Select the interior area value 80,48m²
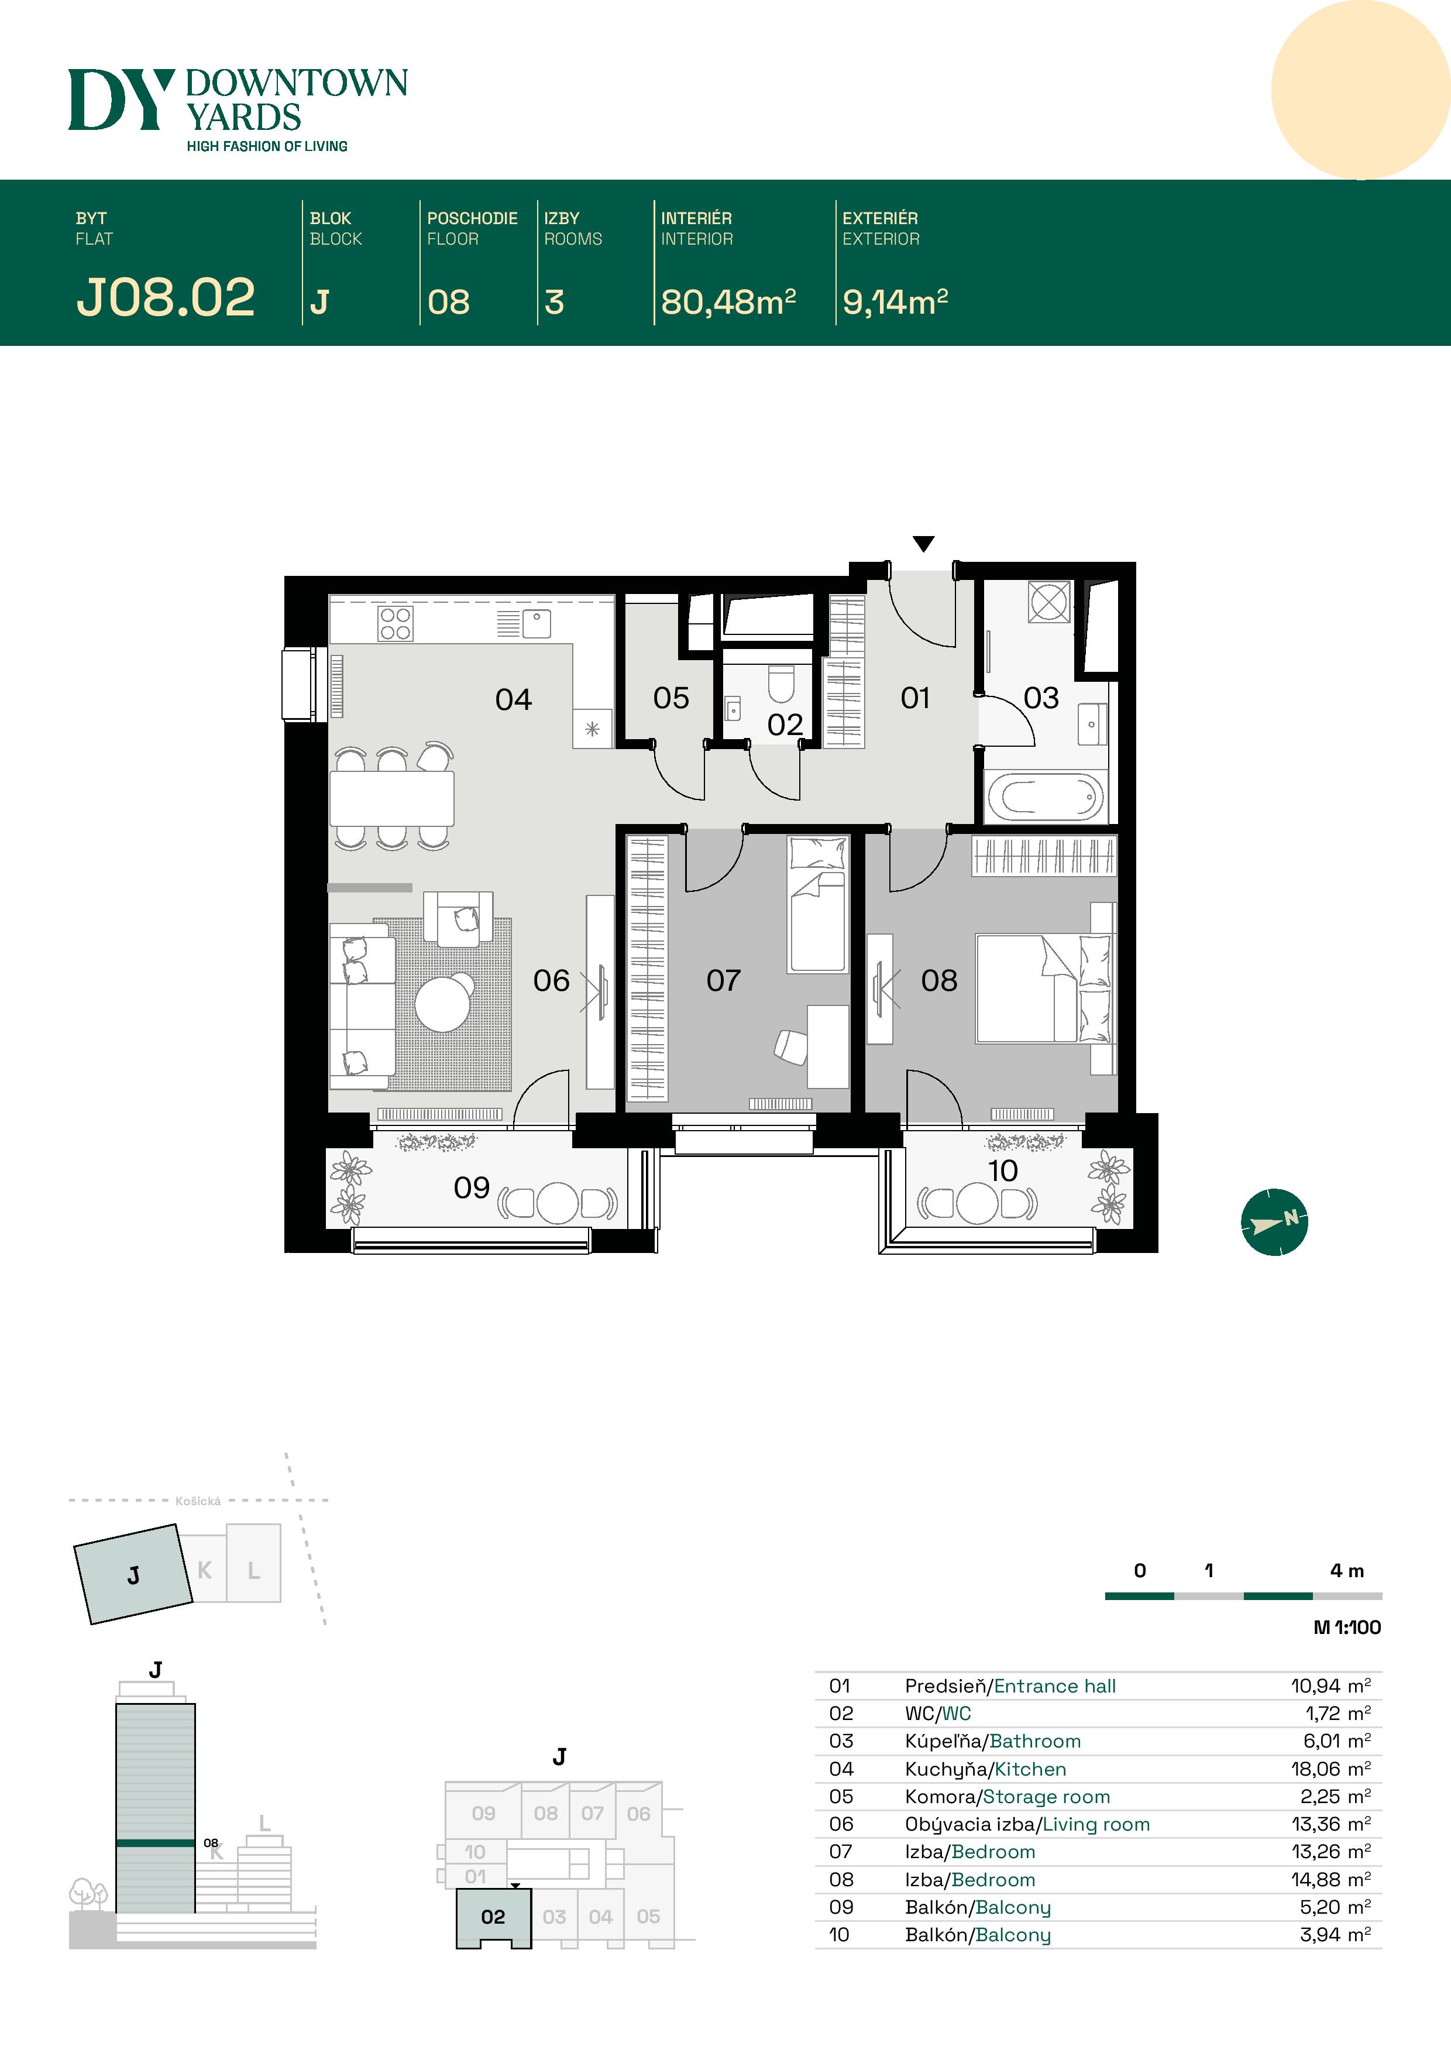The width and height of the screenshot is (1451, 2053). (728, 302)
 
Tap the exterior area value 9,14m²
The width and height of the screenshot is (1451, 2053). (894, 302)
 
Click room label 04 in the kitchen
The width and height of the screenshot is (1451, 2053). (513, 699)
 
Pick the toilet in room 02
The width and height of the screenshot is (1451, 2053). (780, 685)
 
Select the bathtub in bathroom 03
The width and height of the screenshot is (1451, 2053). (1045, 797)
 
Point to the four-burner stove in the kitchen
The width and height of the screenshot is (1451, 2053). (395, 623)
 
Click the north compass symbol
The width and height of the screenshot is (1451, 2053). (1274, 1221)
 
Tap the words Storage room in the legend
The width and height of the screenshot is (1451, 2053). (1046, 1797)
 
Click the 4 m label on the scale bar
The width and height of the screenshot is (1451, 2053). (1346, 1571)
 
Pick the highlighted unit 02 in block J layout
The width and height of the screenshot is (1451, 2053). (493, 1916)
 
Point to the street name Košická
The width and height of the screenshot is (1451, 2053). (198, 1501)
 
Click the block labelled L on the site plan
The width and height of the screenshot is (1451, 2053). (254, 1571)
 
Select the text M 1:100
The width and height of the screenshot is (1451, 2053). (1346, 1628)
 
